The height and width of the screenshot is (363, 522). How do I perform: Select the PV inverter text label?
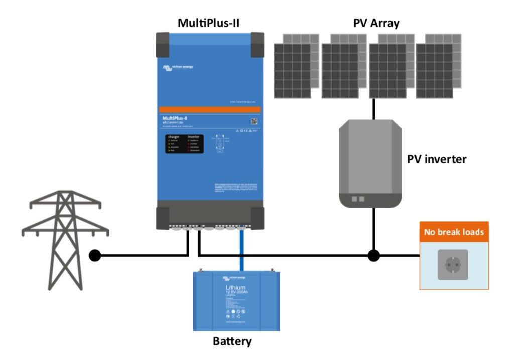pyautogui.click(x=436, y=159)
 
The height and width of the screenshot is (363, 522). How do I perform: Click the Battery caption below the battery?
pyautogui.click(x=232, y=342)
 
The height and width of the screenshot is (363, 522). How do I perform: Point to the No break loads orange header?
pyautogui.click(x=454, y=232)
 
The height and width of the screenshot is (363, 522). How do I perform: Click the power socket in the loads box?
pyautogui.click(x=453, y=264)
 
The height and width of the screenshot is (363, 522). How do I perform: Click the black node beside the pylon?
pyautogui.click(x=94, y=256)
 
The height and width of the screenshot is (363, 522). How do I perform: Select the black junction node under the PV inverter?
pyautogui.click(x=373, y=256)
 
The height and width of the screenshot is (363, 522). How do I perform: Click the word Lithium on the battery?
pyautogui.click(x=235, y=288)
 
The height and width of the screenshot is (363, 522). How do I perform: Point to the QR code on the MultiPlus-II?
pyautogui.click(x=254, y=120)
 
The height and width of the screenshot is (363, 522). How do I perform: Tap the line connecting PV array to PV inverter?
pyautogui.click(x=373, y=109)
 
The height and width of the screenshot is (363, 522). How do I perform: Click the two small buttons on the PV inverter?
pyautogui.click(x=358, y=199)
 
